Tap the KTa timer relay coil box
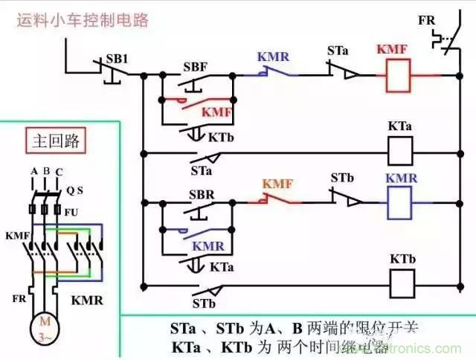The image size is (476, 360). [x=401, y=153]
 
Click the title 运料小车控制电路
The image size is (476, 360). [x=83, y=19]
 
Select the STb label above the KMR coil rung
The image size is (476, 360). [x=341, y=179]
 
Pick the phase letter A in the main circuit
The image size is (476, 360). [x=33, y=172]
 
